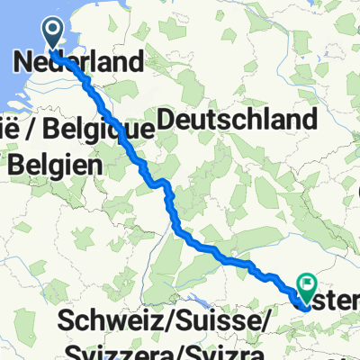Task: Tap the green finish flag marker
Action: pyautogui.click(x=308, y=287)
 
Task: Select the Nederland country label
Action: pyautogui.click(x=80, y=62)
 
